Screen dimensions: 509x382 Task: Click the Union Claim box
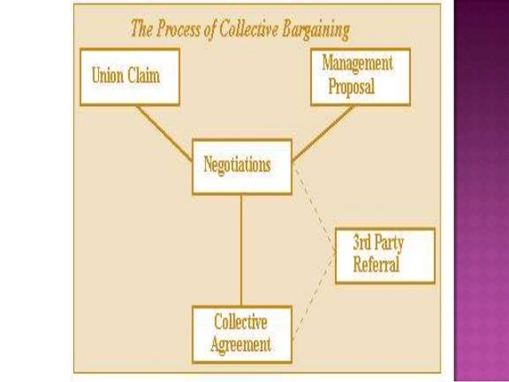click(128, 77)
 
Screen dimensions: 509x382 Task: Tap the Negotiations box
click(242, 166)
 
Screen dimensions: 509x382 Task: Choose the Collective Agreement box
click(242, 334)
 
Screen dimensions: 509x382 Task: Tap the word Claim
click(145, 77)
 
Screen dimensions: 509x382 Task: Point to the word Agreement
click(242, 345)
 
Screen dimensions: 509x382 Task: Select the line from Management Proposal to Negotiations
click(324, 131)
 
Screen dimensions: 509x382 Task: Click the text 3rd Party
click(377, 244)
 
